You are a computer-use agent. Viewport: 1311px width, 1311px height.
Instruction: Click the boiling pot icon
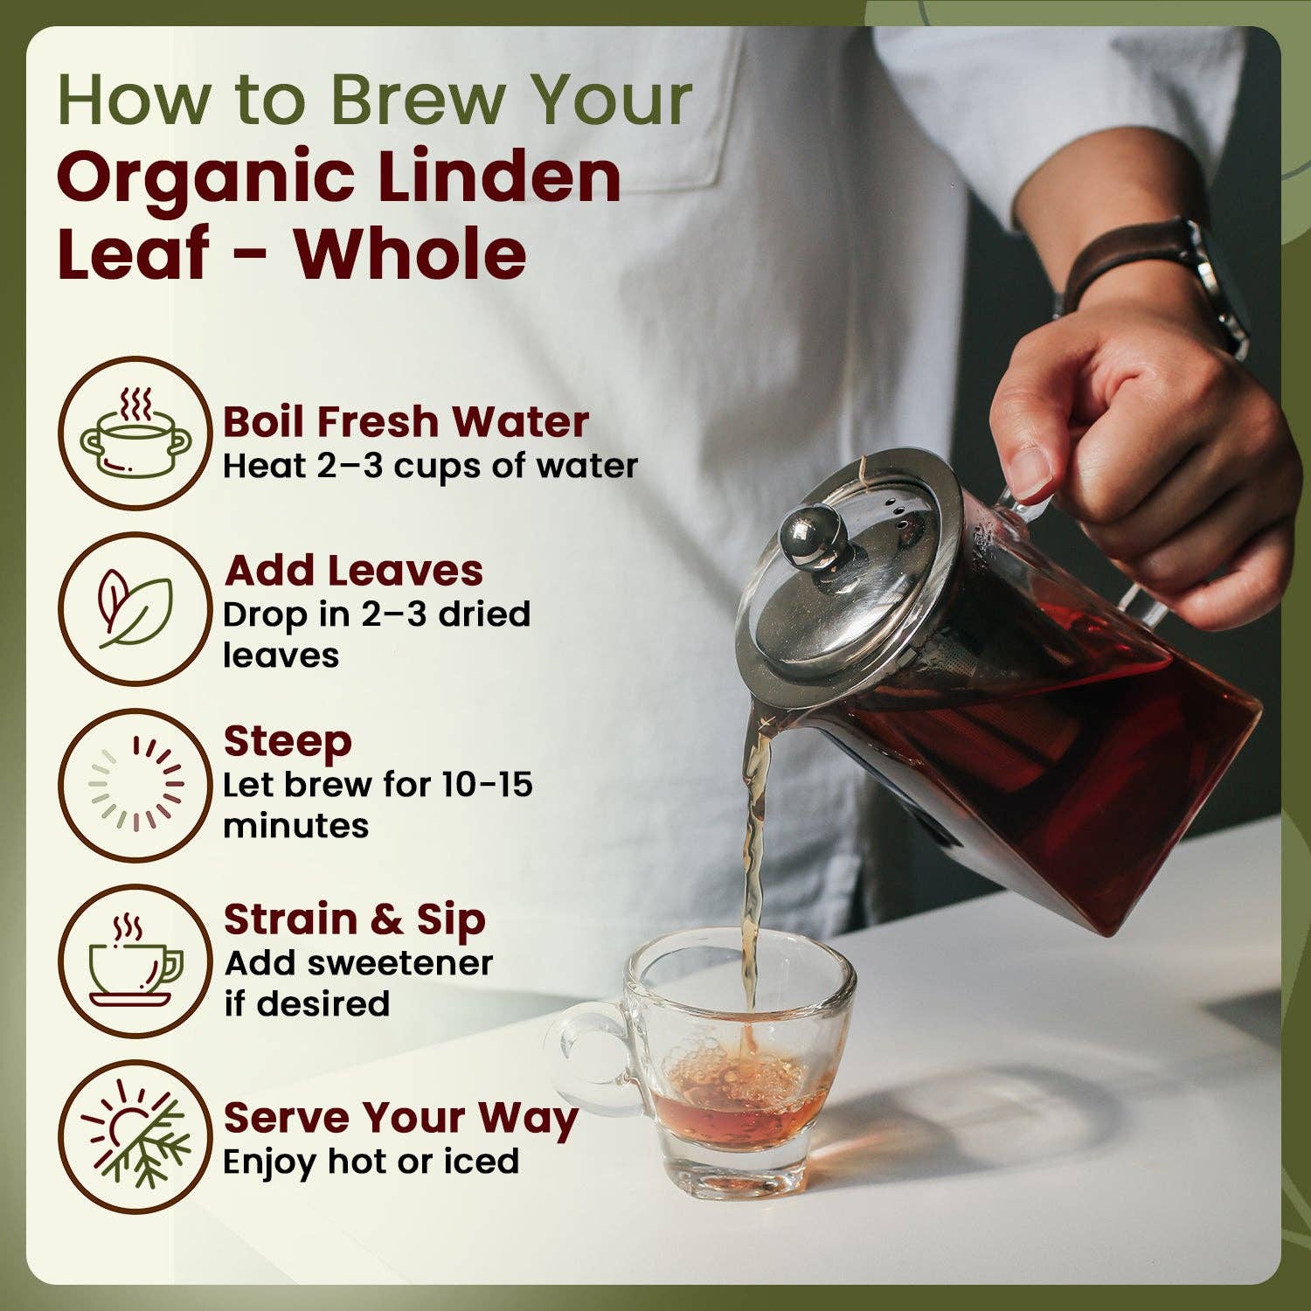(135, 434)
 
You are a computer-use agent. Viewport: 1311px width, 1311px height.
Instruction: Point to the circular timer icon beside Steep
(135, 783)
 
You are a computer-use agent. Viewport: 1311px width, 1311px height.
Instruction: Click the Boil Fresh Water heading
(406, 422)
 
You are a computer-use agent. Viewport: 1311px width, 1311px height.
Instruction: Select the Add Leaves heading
(354, 572)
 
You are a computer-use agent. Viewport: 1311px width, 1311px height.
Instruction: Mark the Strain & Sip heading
(354, 920)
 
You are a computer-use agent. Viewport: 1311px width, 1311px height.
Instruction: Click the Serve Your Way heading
(400, 1119)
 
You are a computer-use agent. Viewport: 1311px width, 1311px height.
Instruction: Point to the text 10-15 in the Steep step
(487, 784)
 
